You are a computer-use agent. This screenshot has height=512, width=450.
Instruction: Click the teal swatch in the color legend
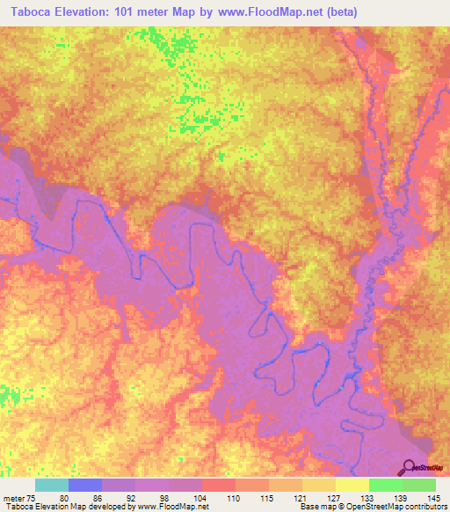pyautogui.click(x=52, y=485)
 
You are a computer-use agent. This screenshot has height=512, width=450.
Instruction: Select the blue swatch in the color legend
pyautogui.click(x=85, y=485)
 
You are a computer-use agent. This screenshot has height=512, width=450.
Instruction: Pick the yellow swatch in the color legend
pyautogui.click(x=352, y=485)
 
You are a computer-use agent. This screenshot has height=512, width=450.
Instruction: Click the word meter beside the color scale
pyautogui.click(x=13, y=498)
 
